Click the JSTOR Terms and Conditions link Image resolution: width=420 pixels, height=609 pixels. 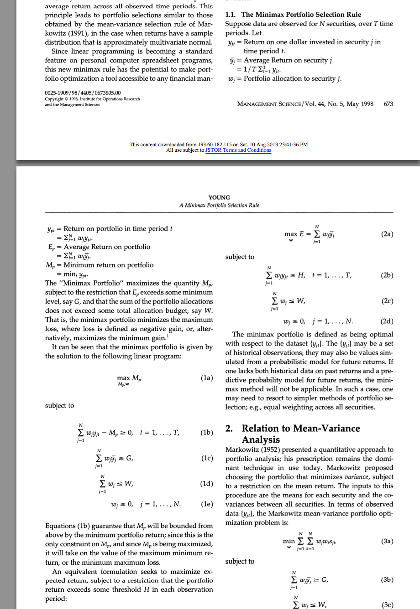(238, 150)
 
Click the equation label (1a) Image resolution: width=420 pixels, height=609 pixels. (207, 378)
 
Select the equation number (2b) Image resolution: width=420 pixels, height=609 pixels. (387, 275)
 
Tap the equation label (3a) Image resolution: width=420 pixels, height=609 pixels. (387, 542)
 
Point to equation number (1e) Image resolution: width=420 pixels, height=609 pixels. (207, 504)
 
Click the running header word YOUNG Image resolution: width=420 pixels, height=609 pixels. (219, 197)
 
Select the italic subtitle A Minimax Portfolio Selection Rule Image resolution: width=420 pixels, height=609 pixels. (219, 205)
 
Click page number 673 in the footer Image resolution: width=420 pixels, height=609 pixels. (388, 104)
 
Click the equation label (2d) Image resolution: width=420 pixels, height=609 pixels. (387, 321)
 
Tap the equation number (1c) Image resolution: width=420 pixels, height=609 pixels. (207, 458)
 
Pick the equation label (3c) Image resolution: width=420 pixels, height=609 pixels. (387, 605)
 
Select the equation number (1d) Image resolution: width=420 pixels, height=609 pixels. (207, 484)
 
